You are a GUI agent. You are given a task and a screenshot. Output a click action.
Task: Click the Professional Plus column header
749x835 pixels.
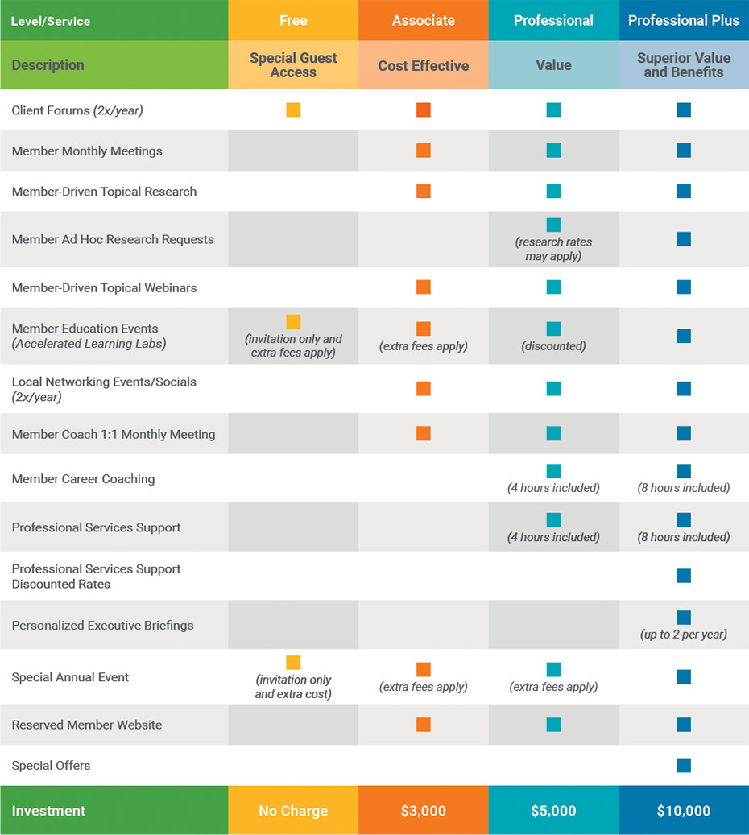click(683, 21)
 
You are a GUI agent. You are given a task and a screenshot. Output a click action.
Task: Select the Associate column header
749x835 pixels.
click(423, 21)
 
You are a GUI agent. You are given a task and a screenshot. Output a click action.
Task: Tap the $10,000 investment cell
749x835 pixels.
click(683, 811)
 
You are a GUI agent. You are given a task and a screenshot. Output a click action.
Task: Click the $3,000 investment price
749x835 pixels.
click(423, 811)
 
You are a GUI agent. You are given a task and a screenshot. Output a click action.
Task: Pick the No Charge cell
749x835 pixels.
click(293, 811)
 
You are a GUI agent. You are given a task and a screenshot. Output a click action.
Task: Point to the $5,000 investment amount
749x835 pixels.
click(553, 811)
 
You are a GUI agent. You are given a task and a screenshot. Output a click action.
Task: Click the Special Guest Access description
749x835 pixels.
click(293, 65)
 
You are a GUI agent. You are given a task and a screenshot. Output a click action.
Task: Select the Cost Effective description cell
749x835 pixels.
click(423, 65)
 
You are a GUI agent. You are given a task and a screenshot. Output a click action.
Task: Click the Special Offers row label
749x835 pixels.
click(51, 765)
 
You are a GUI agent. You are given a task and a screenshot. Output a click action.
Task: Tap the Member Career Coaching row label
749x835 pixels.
click(83, 479)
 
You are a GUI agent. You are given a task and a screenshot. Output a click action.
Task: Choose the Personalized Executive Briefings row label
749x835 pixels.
click(102, 625)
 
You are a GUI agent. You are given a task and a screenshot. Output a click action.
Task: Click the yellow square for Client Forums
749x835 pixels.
click(293, 110)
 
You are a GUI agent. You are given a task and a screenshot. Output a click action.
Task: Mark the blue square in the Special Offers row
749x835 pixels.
click(684, 765)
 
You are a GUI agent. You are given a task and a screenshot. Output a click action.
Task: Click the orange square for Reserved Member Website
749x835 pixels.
click(423, 725)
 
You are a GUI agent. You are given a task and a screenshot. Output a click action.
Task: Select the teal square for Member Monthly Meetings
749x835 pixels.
click(553, 151)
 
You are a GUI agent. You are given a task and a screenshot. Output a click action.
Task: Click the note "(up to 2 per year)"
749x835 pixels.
click(684, 635)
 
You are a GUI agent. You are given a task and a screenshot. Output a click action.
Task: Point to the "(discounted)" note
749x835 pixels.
click(553, 346)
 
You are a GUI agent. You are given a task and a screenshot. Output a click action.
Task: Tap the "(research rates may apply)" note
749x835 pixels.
click(553, 249)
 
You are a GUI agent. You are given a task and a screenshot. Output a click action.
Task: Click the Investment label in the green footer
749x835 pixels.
click(48, 811)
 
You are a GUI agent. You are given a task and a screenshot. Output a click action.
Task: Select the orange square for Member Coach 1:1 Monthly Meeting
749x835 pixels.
click(423, 434)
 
